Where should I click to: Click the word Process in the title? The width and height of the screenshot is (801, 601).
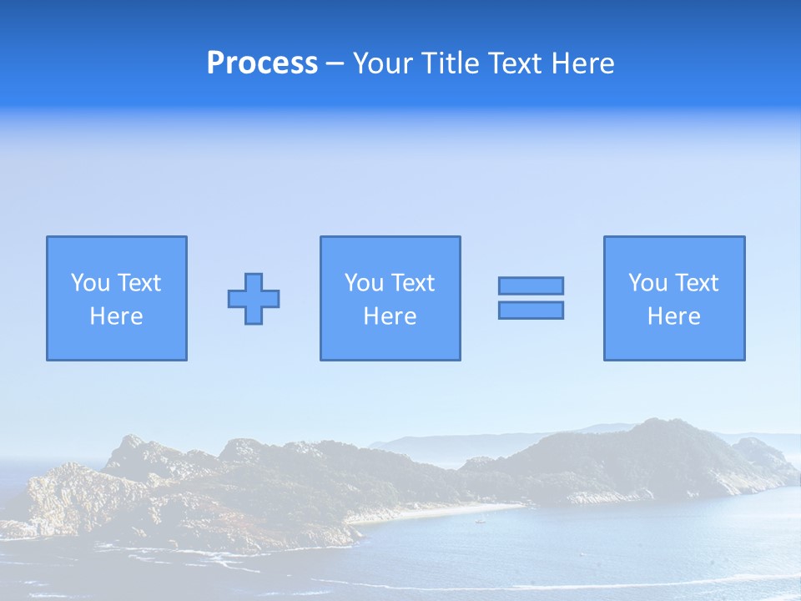(262, 63)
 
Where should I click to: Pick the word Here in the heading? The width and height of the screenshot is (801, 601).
(583, 63)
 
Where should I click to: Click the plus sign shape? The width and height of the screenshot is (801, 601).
(254, 299)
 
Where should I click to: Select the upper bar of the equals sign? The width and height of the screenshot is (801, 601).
(531, 285)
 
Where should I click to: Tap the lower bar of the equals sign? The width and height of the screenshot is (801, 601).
(531, 310)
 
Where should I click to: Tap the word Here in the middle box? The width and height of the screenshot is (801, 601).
(390, 316)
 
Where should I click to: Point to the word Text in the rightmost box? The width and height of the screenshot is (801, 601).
(696, 283)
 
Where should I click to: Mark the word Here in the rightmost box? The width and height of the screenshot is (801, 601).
(674, 316)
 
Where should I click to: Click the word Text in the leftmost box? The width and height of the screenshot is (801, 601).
(139, 283)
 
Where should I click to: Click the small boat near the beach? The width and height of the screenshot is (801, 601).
(479, 522)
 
